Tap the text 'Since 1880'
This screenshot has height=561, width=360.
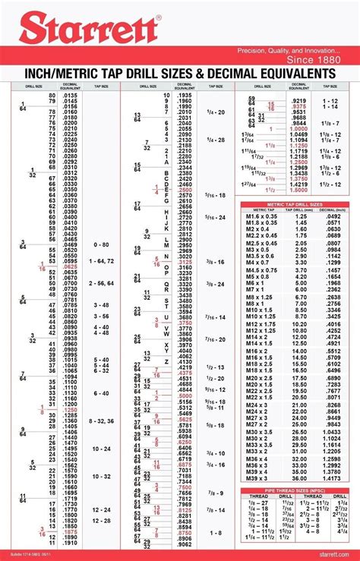tap(311, 58)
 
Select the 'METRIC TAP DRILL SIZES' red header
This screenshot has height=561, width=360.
tap(295, 204)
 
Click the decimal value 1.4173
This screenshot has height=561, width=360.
tap(331, 478)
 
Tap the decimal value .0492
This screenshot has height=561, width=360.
tap(333, 217)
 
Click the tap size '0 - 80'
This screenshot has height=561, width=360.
tap(101, 245)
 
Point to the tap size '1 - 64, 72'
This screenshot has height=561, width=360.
tap(101, 261)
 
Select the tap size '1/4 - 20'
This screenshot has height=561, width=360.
tap(216, 112)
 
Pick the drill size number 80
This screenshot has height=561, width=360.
tap(52, 95)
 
